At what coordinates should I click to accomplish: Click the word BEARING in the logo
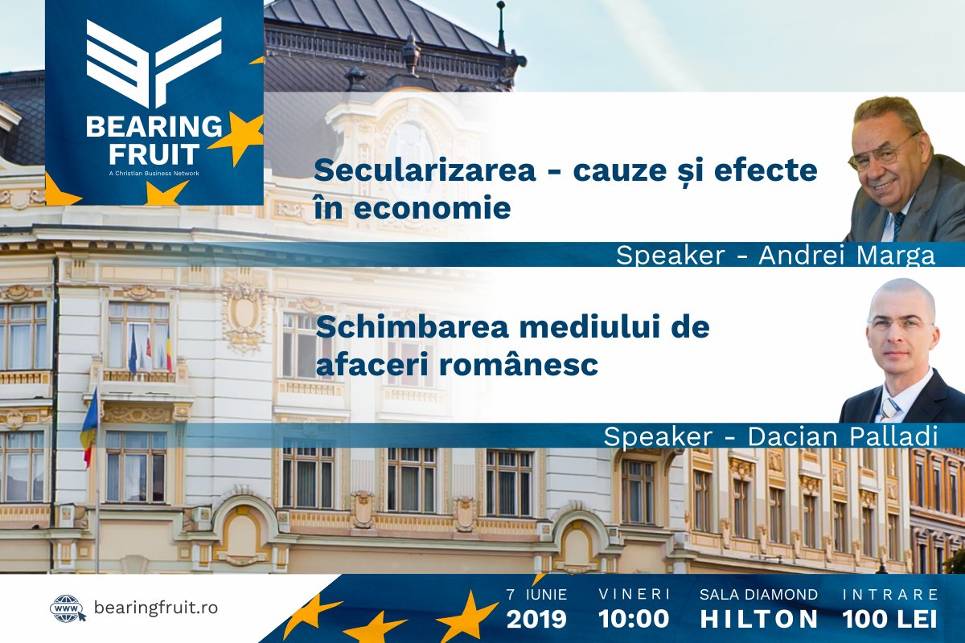point(154,127)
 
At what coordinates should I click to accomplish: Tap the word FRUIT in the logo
point(154,154)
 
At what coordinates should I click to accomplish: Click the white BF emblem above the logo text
point(154,62)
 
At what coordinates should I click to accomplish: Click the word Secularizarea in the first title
point(425,170)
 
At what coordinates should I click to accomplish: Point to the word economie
point(432,207)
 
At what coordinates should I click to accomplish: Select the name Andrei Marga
point(847,255)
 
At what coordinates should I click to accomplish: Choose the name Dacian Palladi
point(843,436)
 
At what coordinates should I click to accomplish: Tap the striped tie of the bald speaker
point(889,409)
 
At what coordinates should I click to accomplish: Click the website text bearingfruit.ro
point(156,608)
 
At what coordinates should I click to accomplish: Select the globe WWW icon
point(68,608)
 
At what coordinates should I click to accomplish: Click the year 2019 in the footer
point(536,619)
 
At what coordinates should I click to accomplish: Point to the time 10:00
point(634,619)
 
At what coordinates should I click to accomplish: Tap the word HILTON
point(758,619)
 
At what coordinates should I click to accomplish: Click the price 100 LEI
point(890,619)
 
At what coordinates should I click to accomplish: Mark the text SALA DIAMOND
point(758,594)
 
